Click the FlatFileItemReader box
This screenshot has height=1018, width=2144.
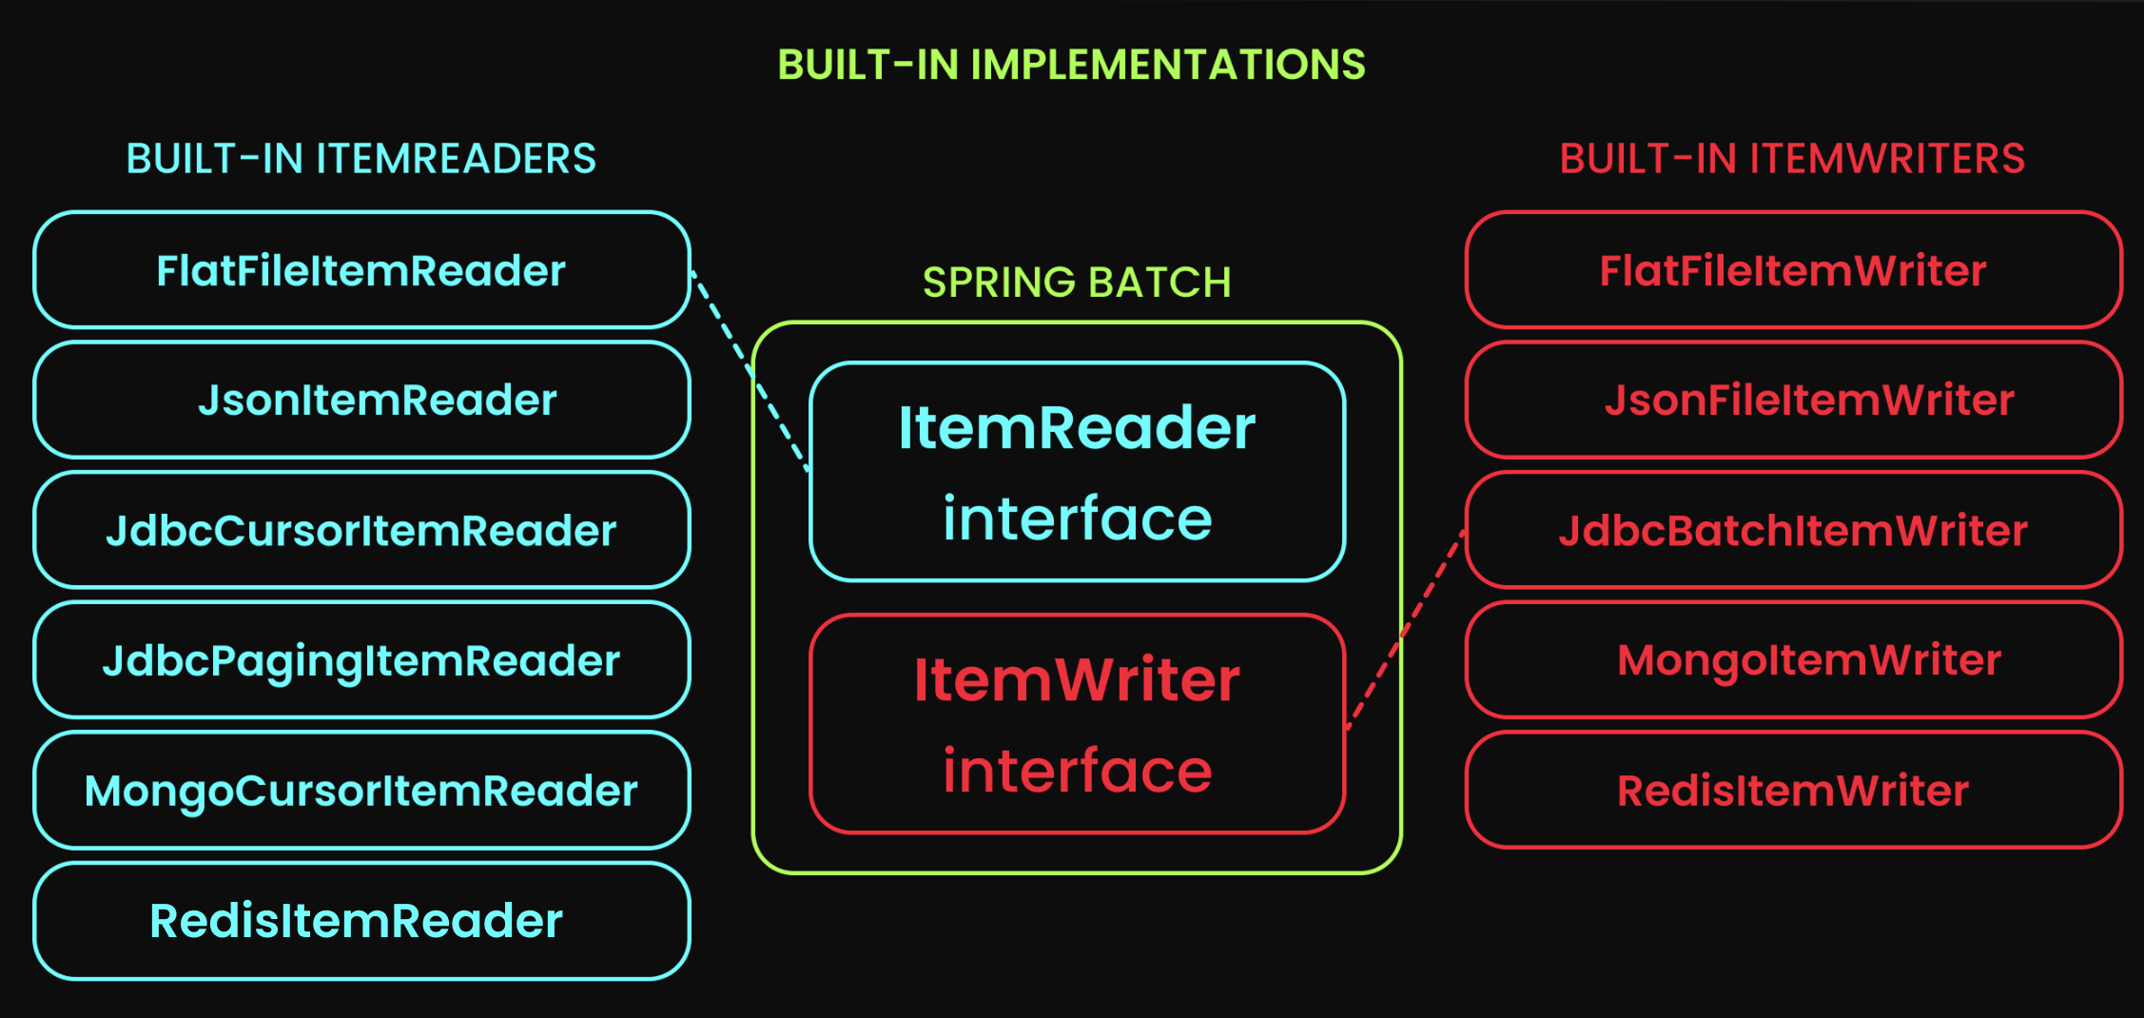(x=361, y=271)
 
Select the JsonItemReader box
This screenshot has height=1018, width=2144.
(x=361, y=401)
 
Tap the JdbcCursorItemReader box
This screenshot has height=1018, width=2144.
(x=361, y=531)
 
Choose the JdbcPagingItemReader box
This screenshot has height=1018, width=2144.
(x=361, y=660)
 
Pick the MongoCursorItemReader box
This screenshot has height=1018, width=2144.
(x=361, y=791)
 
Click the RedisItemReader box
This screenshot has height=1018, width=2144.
(x=361, y=921)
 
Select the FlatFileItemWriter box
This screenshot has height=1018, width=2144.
(x=1793, y=271)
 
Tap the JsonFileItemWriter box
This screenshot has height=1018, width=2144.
(x=1793, y=401)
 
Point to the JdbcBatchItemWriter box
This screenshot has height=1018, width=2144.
(x=1793, y=531)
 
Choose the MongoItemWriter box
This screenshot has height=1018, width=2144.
(x=1793, y=660)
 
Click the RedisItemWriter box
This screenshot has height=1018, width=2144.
(x=1793, y=791)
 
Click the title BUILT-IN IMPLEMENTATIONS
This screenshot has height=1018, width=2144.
(x=1072, y=65)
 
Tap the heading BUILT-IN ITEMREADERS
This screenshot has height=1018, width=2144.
(x=361, y=159)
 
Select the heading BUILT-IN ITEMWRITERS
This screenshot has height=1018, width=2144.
(x=1792, y=159)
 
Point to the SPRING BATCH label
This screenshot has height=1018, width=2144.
(x=1077, y=283)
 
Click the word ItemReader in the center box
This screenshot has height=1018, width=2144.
(x=1077, y=428)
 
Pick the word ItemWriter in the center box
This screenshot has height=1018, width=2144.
(x=1077, y=680)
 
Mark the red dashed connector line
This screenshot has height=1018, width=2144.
(x=1405, y=631)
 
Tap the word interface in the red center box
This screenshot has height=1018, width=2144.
(x=1077, y=771)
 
